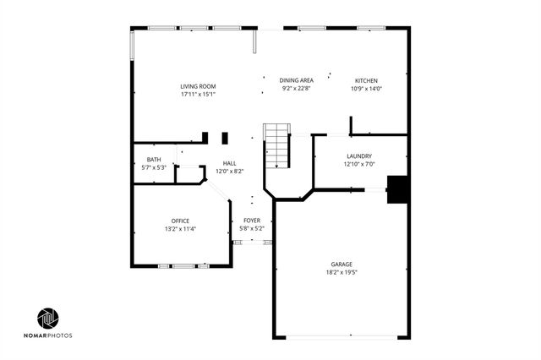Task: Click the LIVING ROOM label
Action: [199, 86]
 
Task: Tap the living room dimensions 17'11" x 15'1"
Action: [199, 94]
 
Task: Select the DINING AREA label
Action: [297, 80]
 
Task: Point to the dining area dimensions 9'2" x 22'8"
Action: [297, 88]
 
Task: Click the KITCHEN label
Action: [366, 80]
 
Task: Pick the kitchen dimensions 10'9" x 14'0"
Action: [366, 88]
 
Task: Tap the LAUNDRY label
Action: [359, 156]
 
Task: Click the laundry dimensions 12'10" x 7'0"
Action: [359, 164]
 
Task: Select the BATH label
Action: [154, 160]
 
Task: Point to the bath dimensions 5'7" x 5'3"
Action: [154, 167]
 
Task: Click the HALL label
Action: [230, 163]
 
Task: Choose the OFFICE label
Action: [180, 221]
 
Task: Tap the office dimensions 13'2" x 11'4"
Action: [180, 229]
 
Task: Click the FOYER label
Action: [252, 220]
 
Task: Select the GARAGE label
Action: [342, 265]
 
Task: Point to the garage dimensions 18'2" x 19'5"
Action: [342, 272]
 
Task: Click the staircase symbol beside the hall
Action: [277, 145]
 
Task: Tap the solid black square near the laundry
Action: [397, 189]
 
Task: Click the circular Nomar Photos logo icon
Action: [48, 319]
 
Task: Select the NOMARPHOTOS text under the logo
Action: [48, 336]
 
